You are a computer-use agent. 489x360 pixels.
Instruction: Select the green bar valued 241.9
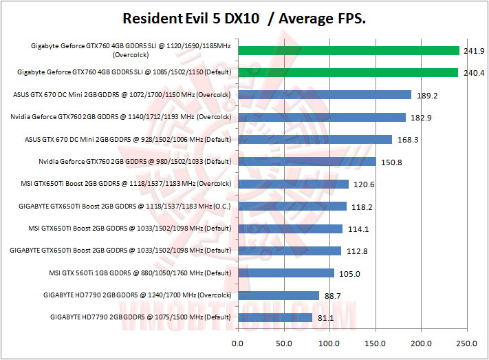348,50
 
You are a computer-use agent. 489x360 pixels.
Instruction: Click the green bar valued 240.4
347,72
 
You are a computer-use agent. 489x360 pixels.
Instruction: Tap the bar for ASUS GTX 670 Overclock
324,95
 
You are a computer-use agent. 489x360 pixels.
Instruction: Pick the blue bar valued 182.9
321,117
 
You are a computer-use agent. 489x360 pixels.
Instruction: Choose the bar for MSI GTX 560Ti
285,273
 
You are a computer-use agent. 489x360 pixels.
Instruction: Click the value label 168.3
407,140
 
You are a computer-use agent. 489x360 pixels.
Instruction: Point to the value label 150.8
391,162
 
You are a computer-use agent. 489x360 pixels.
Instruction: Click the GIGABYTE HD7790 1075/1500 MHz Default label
140,317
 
